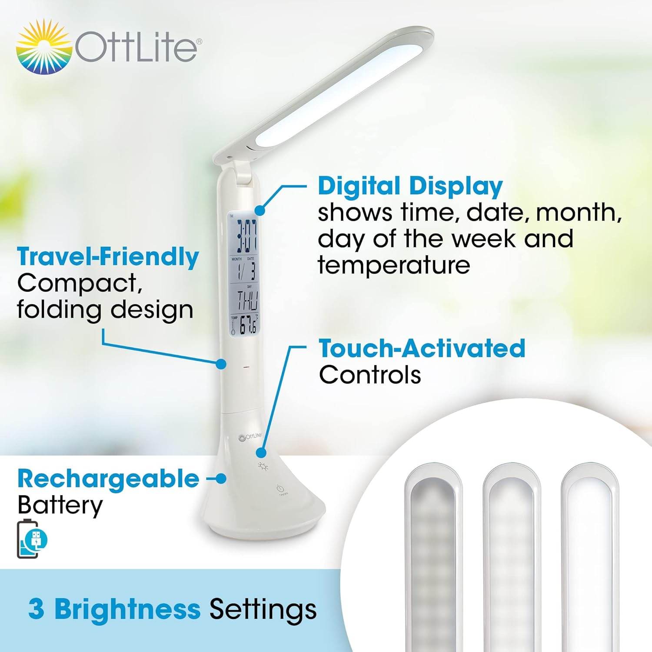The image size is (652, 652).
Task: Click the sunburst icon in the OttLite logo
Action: click(x=43, y=47)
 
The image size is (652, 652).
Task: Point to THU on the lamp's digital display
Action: click(x=246, y=300)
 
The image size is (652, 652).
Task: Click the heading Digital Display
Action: click(x=410, y=186)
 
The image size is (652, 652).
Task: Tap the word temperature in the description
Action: click(x=393, y=265)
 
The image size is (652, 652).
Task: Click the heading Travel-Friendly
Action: click(x=108, y=256)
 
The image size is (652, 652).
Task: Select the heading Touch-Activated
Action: click(x=422, y=349)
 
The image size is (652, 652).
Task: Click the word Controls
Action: click(x=369, y=375)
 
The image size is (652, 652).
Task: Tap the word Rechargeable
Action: click(x=108, y=479)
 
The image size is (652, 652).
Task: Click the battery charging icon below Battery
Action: click(x=32, y=539)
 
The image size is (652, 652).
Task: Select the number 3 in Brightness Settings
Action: click(x=36, y=609)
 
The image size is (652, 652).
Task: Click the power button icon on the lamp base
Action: click(x=280, y=489)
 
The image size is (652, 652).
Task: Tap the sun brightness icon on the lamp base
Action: click(x=263, y=466)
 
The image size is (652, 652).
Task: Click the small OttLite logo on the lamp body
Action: click(x=250, y=436)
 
